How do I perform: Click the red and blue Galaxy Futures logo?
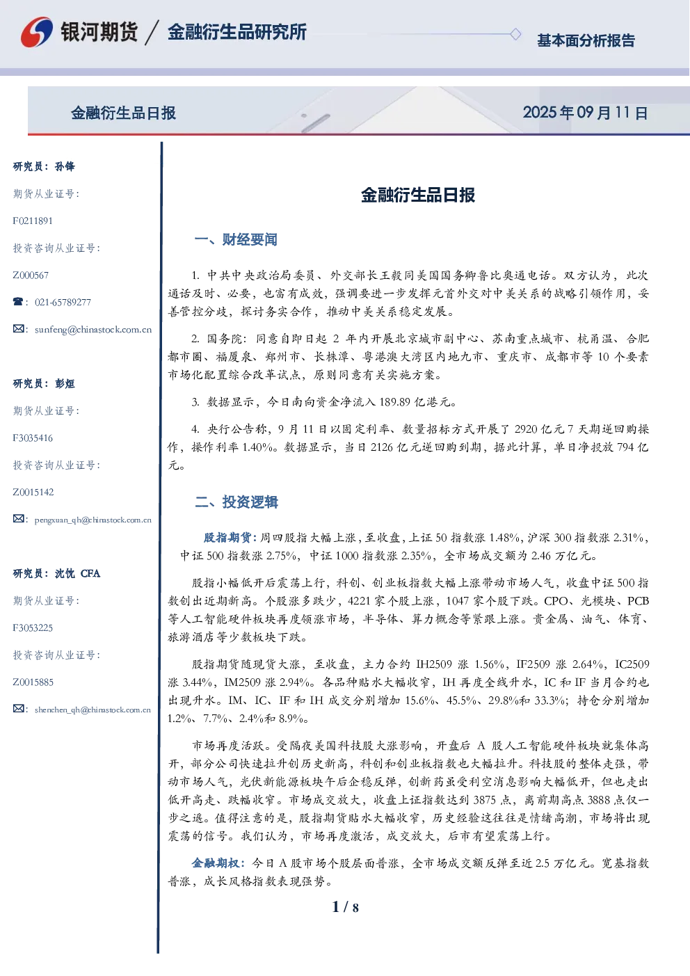(x=37, y=32)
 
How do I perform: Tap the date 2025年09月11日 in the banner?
(x=585, y=113)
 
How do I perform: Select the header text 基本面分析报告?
(x=586, y=40)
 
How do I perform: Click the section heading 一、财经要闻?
(x=236, y=239)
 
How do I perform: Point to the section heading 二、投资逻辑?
(x=236, y=502)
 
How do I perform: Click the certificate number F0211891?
(x=33, y=221)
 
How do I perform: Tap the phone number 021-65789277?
(x=63, y=303)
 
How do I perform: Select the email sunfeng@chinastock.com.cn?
(x=93, y=330)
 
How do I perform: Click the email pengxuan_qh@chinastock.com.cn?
(x=93, y=520)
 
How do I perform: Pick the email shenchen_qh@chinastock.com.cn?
(x=93, y=710)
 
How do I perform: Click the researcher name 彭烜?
(x=65, y=383)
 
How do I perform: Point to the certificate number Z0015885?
(x=33, y=682)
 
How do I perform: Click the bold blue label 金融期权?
(x=216, y=863)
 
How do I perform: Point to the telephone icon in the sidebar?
(x=18, y=301)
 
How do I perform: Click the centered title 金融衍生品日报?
(x=418, y=195)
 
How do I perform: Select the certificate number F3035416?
(x=33, y=438)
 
